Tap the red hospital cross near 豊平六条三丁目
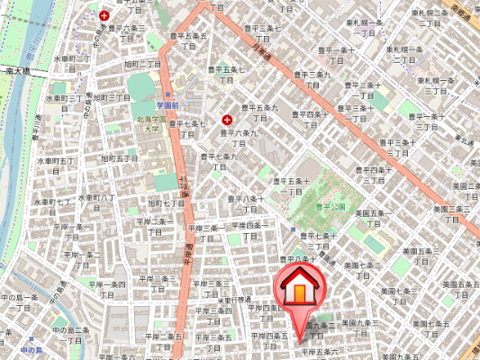pos(105,15)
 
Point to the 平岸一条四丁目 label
pos(108,288)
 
